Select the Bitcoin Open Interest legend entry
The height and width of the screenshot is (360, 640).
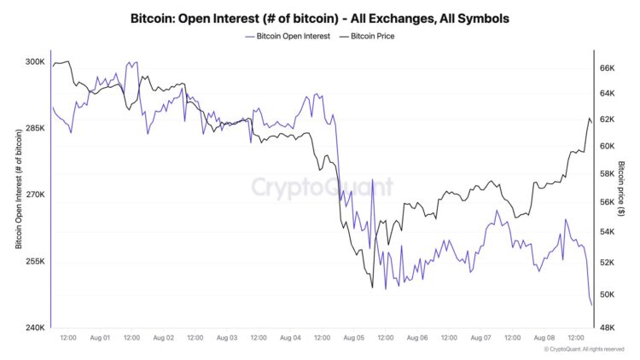point(287,37)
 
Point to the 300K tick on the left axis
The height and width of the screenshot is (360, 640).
point(34,62)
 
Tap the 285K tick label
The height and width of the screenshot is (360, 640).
point(34,129)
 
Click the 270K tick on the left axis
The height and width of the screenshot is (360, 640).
point(34,195)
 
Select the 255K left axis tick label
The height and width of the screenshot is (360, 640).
point(34,262)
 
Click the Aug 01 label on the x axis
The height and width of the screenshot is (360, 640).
point(100,338)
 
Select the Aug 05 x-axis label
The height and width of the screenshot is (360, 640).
point(353,338)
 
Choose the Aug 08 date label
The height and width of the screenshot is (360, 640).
point(544,338)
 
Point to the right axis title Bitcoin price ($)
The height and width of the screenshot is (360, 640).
point(622,195)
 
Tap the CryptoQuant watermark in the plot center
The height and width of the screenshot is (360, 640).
point(322,187)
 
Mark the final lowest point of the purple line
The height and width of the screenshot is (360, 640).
point(592,305)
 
